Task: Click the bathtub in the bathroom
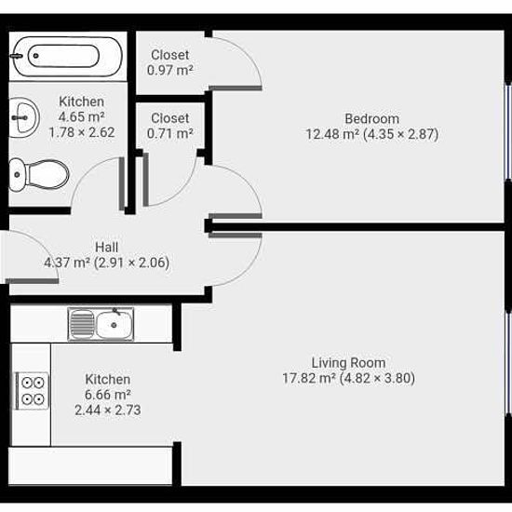66,57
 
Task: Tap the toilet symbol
38,175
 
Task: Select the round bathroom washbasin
24,117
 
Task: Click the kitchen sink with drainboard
101,324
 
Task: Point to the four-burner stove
33,391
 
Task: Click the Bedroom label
372,118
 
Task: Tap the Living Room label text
348,363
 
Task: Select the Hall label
106,248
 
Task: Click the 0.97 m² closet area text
169,70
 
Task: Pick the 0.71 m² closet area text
169,133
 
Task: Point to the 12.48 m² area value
332,134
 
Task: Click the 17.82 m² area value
309,378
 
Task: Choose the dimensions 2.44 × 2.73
108,410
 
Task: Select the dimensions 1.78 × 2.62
82,132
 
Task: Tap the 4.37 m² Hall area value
67,263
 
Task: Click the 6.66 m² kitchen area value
108,395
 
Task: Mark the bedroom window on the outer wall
508,132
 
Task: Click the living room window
508,363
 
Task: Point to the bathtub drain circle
36,56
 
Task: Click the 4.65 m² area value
82,117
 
